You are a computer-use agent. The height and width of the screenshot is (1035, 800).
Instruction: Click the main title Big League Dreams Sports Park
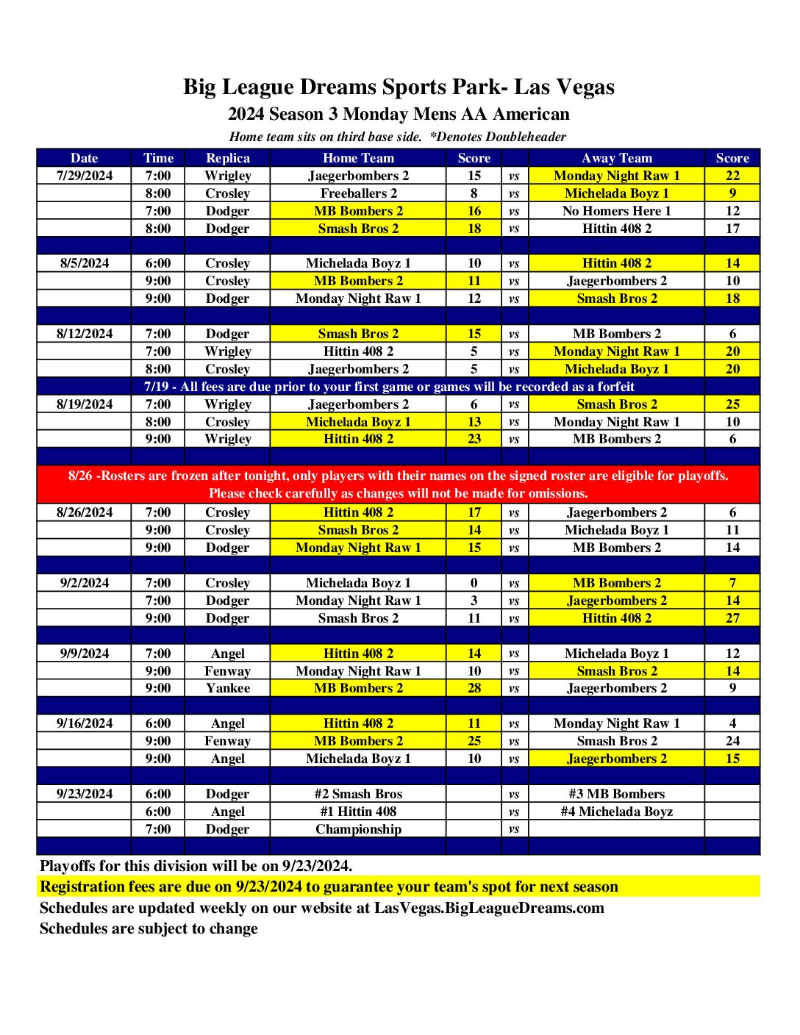[399, 87]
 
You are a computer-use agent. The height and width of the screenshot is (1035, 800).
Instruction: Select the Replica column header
[228, 158]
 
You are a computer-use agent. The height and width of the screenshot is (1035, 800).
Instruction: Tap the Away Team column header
[616, 158]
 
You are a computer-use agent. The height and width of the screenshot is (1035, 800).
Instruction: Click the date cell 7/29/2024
[85, 176]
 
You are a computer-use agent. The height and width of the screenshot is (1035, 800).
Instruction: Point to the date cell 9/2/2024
[85, 583]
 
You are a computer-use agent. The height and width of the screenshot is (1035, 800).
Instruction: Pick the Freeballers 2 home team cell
[358, 193]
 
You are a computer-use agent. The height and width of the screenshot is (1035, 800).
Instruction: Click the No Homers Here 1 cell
[616, 211]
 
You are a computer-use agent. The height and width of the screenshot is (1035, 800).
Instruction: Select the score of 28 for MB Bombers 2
[474, 688]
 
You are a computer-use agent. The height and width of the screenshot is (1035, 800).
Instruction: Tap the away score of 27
[732, 618]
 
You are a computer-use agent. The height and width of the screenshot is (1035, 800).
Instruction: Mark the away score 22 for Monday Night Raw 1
[732, 176]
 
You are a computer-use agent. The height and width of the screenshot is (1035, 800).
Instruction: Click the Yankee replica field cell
[228, 688]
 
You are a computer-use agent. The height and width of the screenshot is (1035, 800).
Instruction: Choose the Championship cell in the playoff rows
[358, 829]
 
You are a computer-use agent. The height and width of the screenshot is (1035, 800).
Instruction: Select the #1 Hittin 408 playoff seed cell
[358, 812]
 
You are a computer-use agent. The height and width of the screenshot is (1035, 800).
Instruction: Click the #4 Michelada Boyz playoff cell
[616, 812]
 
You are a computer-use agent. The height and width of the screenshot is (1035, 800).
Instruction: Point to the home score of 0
[474, 583]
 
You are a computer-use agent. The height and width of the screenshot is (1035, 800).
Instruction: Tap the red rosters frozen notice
[399, 484]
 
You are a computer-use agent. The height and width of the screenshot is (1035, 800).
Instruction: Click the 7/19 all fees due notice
[389, 387]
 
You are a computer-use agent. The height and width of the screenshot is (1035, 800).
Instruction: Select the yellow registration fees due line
[329, 887]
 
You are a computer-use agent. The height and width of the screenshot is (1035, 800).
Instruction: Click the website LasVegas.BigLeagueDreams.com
[489, 908]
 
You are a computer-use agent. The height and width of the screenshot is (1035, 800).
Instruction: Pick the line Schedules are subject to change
[149, 928]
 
